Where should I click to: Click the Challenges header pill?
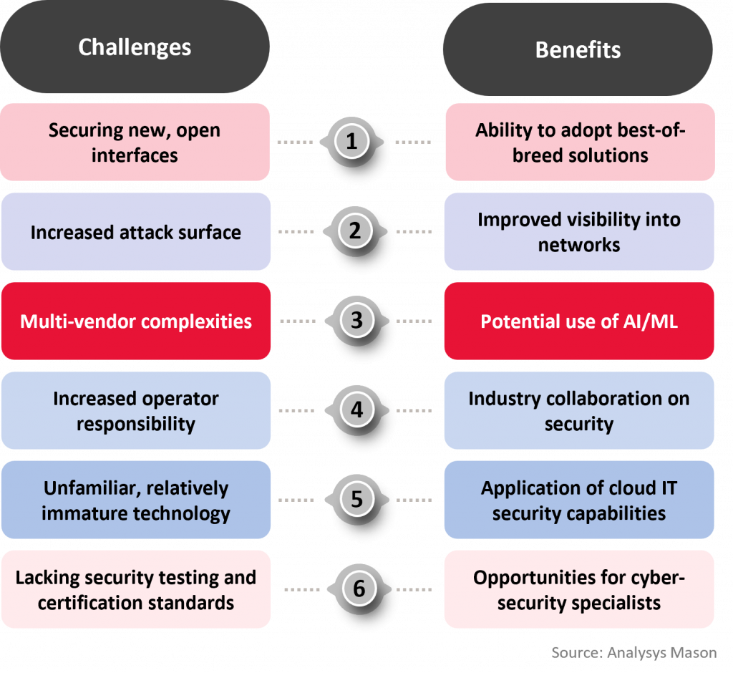pyautogui.click(x=135, y=47)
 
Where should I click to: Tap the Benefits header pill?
pyautogui.click(x=578, y=49)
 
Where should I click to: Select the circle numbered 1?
pyautogui.click(x=351, y=141)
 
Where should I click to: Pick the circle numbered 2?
pyautogui.click(x=355, y=231)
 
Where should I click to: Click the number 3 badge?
pyautogui.click(x=356, y=320)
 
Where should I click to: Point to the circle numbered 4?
pyautogui.click(x=356, y=410)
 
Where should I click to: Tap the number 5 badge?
pyautogui.click(x=356, y=499)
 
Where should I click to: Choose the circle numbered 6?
pyautogui.click(x=359, y=589)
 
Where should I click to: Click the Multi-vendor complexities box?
pyautogui.click(x=136, y=321)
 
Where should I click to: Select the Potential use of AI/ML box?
pyautogui.click(x=579, y=321)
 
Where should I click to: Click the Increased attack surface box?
pyautogui.click(x=136, y=231)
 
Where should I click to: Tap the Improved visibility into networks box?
pyautogui.click(x=579, y=231)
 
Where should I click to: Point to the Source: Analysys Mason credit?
pyautogui.click(x=634, y=652)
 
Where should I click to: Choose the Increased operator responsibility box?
pyautogui.click(x=136, y=410)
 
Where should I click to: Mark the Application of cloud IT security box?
pyautogui.click(x=579, y=500)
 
